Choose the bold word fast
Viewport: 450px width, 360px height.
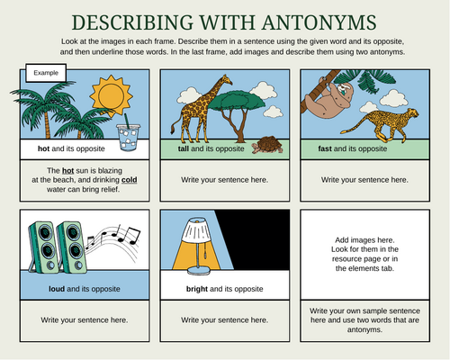(328, 148)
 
